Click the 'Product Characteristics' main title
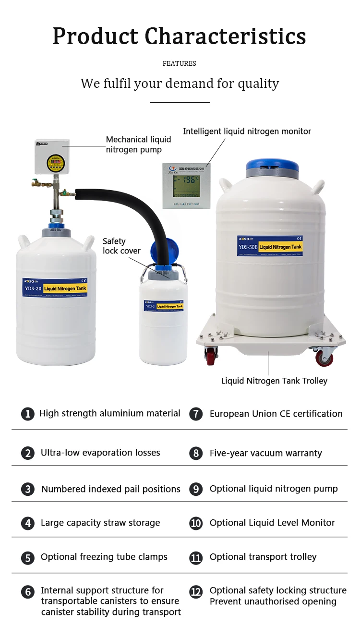point(179,36)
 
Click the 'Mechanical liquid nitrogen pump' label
point(138,144)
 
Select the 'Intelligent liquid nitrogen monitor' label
point(247,131)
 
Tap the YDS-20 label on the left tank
point(32,288)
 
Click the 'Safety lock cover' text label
point(121,246)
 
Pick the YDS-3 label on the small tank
point(150,306)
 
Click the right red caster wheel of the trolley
point(324,358)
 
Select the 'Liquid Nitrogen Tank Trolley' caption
point(274,381)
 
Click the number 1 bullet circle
point(28,414)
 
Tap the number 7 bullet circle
point(196,414)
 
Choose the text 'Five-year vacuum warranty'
point(265,453)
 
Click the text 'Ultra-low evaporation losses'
point(100,453)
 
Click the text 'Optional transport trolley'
point(263,557)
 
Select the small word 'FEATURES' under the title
point(179,63)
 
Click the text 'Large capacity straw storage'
point(100,523)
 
